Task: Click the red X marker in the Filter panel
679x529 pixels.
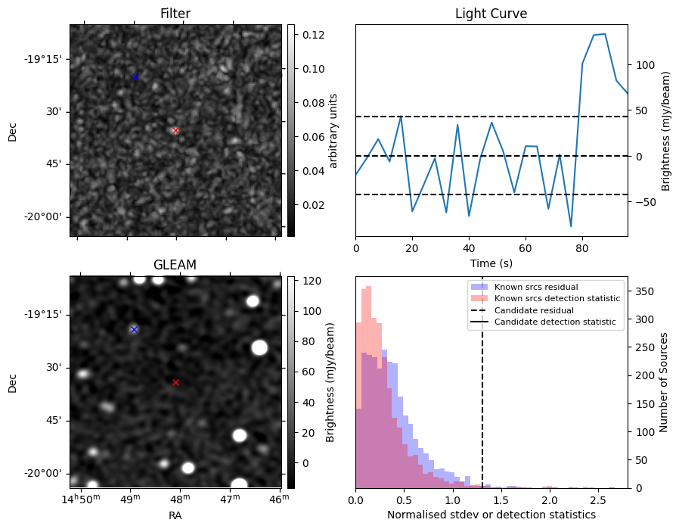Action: (x=175, y=130)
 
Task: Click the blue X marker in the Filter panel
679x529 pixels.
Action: (x=135, y=76)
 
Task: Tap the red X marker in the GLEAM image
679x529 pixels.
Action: (x=175, y=382)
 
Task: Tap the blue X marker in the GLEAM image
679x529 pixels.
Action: (x=134, y=329)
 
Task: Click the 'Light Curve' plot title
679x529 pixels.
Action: (x=491, y=14)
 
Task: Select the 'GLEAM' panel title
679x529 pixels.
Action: (x=175, y=265)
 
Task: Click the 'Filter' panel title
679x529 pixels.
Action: (x=175, y=14)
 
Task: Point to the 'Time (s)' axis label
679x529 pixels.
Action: (x=491, y=263)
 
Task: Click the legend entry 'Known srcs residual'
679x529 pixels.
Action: (x=535, y=287)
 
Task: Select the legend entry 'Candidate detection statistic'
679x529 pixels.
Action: (x=555, y=322)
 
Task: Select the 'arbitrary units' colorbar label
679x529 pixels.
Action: (x=333, y=130)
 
